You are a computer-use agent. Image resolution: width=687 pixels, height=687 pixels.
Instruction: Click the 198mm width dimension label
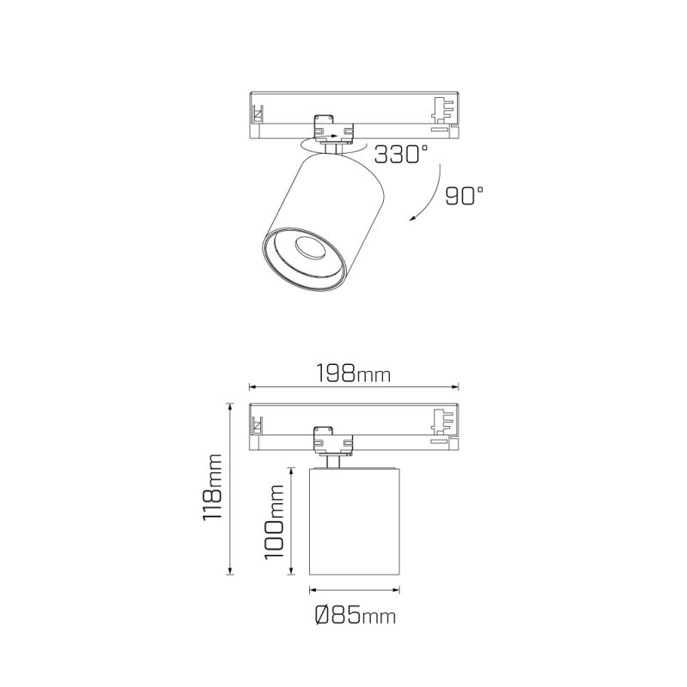(353, 374)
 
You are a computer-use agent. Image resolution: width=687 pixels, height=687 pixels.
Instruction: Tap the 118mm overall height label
(212, 487)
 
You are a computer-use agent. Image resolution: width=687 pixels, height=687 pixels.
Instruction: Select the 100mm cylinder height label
(274, 521)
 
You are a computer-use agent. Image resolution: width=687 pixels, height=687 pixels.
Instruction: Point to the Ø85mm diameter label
(356, 615)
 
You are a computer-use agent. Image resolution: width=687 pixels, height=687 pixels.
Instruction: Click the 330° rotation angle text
(400, 155)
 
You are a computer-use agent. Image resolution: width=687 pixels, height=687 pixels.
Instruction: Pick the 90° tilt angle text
(465, 196)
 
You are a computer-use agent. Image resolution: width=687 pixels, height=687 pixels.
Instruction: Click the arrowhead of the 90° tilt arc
(413, 218)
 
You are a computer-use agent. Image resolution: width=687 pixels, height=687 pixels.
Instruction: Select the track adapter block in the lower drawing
(333, 440)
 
